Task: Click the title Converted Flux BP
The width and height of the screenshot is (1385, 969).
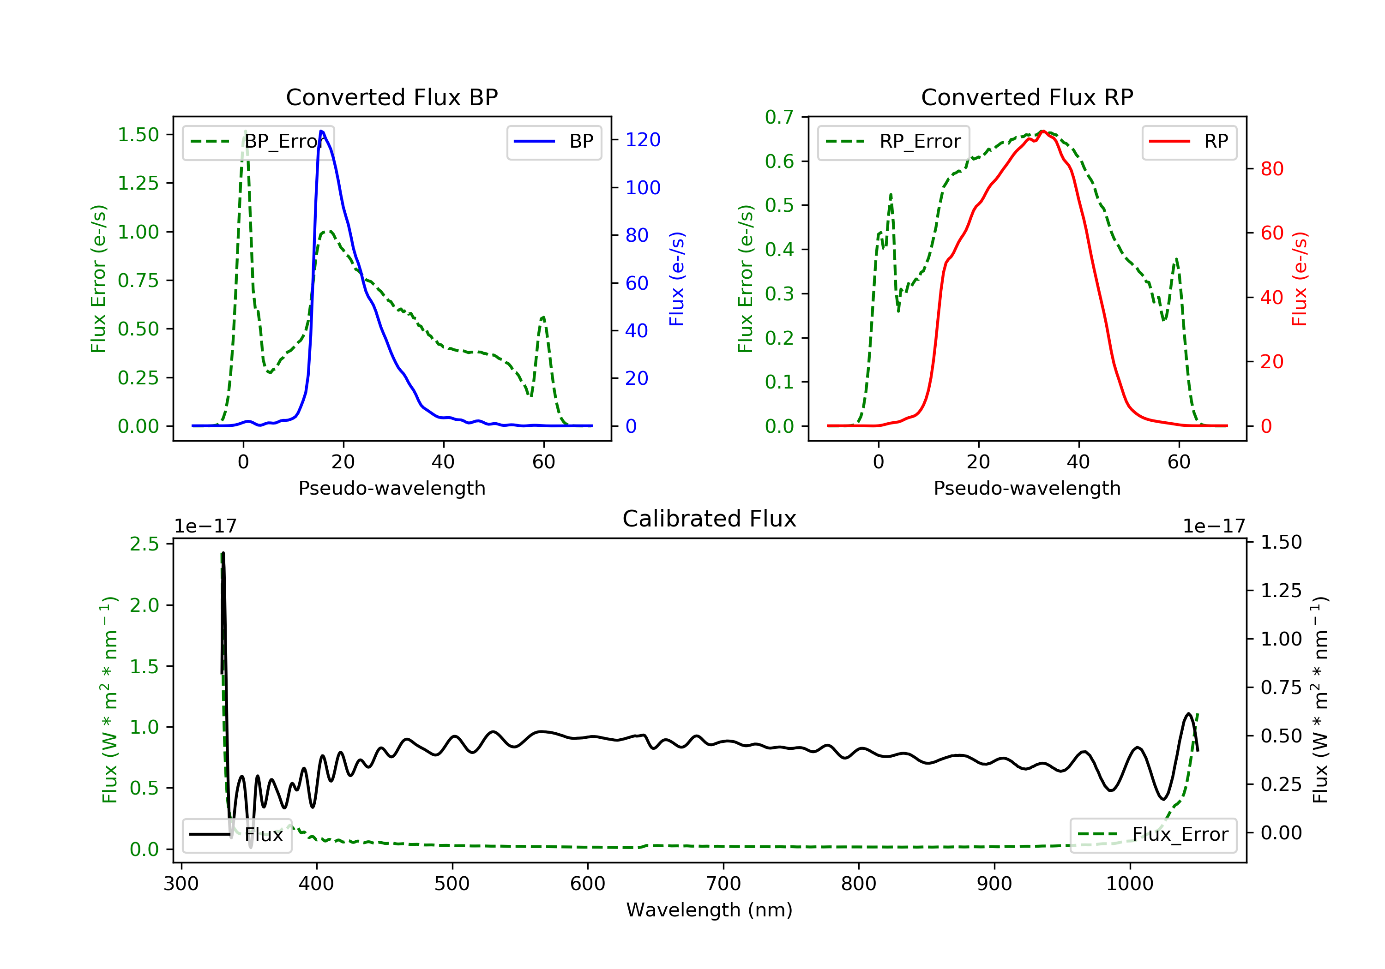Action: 391,97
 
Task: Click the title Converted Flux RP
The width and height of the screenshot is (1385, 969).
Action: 1027,97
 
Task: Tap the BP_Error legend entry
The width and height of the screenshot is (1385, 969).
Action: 258,142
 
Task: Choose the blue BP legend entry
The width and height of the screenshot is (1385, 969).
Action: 554,142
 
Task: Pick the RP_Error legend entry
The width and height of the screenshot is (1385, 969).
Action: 893,142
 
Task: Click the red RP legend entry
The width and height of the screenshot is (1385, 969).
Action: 1189,142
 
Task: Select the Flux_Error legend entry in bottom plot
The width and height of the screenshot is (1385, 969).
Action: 1153,835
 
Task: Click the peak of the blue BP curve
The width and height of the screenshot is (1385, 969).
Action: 321,131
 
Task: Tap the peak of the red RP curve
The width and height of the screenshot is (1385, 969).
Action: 1043,131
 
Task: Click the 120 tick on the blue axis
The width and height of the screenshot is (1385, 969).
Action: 643,140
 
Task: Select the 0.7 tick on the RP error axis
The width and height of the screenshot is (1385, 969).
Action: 779,117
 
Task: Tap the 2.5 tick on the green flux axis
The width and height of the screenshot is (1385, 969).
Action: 144,544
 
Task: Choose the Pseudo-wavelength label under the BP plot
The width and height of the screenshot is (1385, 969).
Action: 391,488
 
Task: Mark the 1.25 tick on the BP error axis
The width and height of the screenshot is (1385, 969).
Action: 138,183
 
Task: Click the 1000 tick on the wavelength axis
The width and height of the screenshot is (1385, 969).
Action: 1129,884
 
